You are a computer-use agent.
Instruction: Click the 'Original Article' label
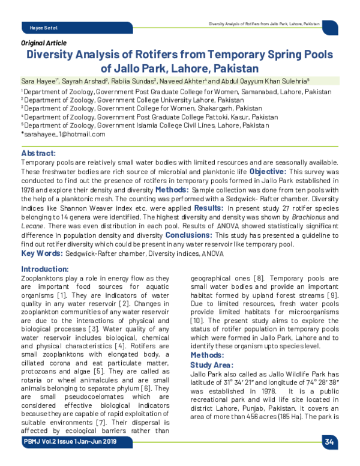click(44, 43)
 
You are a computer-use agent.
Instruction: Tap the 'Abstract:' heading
click(38, 154)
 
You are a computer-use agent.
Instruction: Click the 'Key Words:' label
click(42, 254)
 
